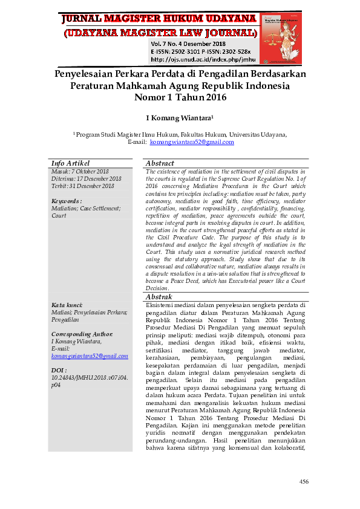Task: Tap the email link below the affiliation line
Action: point(192,142)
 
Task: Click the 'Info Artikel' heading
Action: point(71,163)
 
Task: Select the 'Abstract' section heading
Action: point(160,163)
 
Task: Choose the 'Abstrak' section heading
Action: point(159,297)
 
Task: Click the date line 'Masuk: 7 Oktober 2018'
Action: point(80,172)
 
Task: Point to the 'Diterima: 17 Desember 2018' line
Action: point(87,179)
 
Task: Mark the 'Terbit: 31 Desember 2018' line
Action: point(83,186)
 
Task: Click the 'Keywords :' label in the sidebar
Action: point(67,201)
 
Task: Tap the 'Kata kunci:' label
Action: point(67,305)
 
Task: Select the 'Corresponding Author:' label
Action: point(82,334)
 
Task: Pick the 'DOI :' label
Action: point(59,370)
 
